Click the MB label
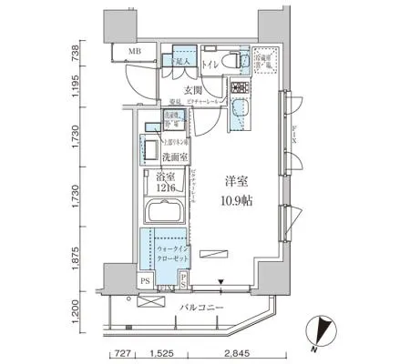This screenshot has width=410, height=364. (133, 53)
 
